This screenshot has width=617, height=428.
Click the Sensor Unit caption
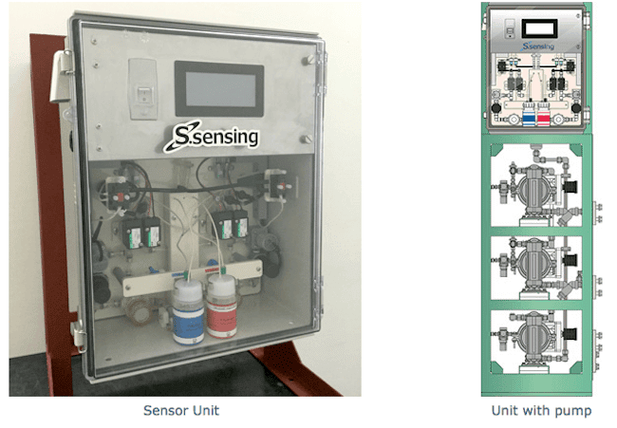click(181, 410)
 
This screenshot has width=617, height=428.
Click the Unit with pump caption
click(541, 410)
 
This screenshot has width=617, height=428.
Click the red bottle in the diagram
click(544, 119)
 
